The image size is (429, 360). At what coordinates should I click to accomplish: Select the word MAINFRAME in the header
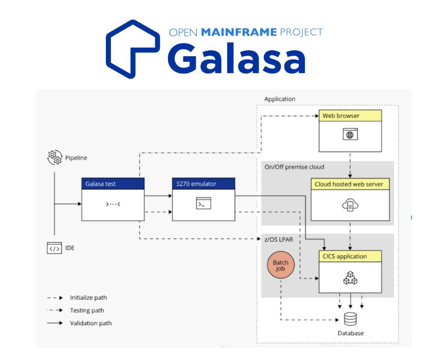point(239,32)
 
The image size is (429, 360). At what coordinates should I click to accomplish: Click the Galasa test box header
point(113,184)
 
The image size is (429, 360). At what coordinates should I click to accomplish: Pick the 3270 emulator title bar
point(203,184)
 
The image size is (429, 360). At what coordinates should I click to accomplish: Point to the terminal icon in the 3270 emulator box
point(203,204)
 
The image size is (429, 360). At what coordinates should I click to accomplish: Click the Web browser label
point(341,116)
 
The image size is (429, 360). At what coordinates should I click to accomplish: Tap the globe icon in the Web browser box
point(350,134)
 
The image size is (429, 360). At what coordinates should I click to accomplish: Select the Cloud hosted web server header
point(350,184)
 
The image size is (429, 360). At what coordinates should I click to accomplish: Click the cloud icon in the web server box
point(350,205)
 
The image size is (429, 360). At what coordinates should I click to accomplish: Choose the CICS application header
point(350,256)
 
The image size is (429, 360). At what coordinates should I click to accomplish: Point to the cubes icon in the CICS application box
point(350,278)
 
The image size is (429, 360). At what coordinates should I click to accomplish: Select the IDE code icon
point(54,248)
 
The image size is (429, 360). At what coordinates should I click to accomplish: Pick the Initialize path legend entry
point(88,297)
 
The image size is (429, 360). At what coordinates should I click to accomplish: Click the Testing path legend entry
point(87,310)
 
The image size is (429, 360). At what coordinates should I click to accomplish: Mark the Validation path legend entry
point(90,323)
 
